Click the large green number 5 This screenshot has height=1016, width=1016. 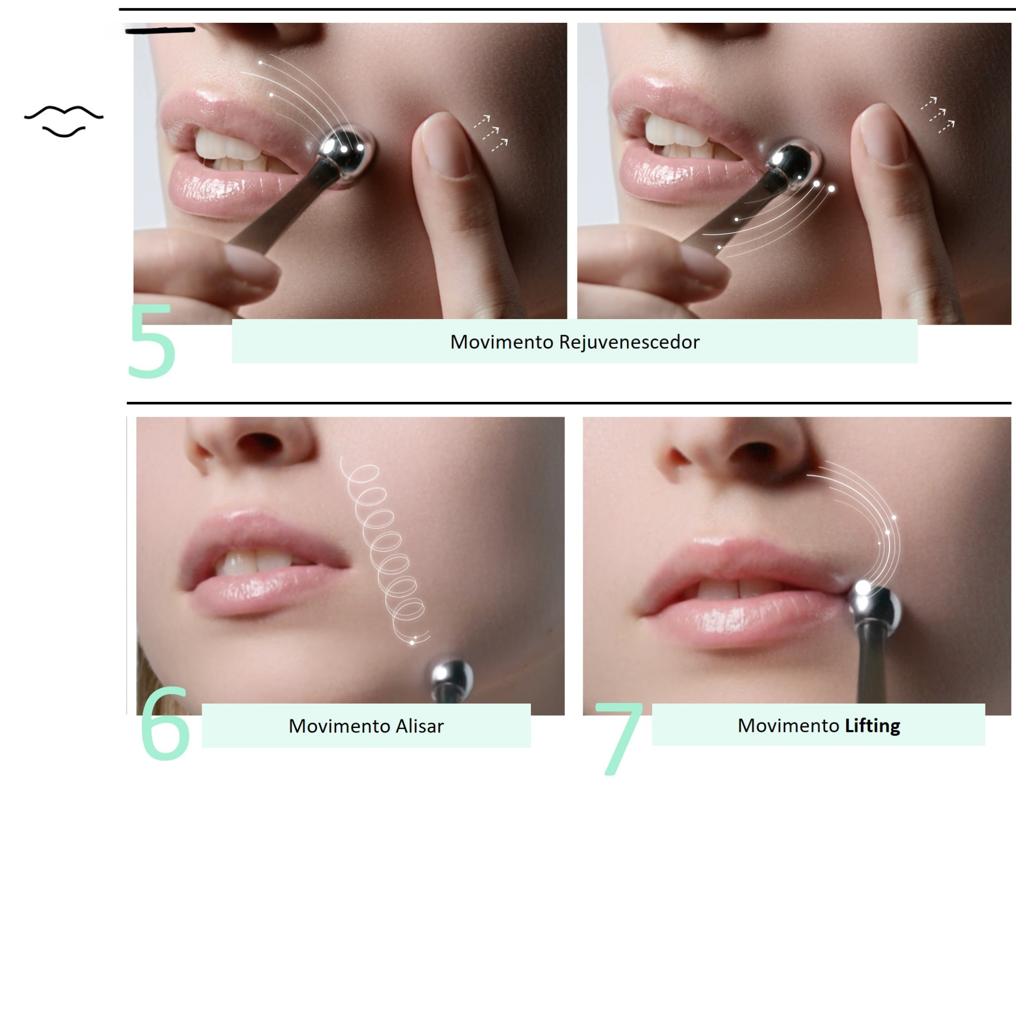click(151, 341)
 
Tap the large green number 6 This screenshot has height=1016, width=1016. click(165, 722)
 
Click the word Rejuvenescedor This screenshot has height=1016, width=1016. click(629, 342)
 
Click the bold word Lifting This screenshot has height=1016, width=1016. click(872, 726)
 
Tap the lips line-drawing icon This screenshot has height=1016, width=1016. click(63, 121)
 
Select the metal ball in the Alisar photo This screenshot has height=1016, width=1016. click(451, 676)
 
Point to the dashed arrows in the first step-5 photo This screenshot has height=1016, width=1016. click(491, 133)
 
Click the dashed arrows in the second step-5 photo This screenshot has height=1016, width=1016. click(937, 115)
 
